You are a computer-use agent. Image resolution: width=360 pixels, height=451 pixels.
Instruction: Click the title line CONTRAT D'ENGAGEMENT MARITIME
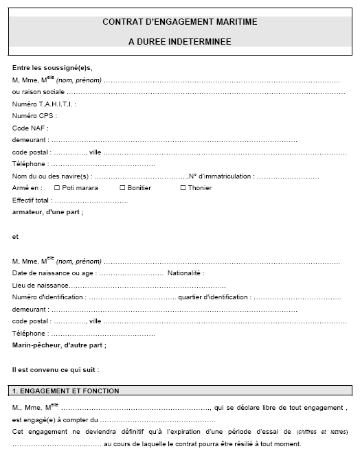tap(179, 22)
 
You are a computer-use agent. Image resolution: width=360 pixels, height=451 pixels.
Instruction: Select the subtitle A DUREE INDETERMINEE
tap(179, 42)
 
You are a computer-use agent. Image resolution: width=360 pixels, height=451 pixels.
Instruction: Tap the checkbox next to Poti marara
tap(56, 188)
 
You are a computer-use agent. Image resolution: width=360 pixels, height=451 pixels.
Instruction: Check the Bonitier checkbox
tap(122, 188)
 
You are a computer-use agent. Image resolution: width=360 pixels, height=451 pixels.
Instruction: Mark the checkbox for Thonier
tap(183, 188)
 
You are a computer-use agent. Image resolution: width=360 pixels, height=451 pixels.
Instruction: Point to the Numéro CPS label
tap(34, 116)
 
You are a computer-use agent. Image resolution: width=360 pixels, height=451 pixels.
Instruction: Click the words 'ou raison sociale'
tap(38, 91)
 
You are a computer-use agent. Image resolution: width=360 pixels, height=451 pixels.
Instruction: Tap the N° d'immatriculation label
tap(221, 176)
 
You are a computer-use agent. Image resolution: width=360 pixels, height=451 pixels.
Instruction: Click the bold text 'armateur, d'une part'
tap(47, 212)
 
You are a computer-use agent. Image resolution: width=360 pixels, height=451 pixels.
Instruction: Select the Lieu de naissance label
tap(40, 285)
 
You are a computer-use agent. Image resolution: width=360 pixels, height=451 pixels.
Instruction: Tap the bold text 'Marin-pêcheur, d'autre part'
tap(59, 345)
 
